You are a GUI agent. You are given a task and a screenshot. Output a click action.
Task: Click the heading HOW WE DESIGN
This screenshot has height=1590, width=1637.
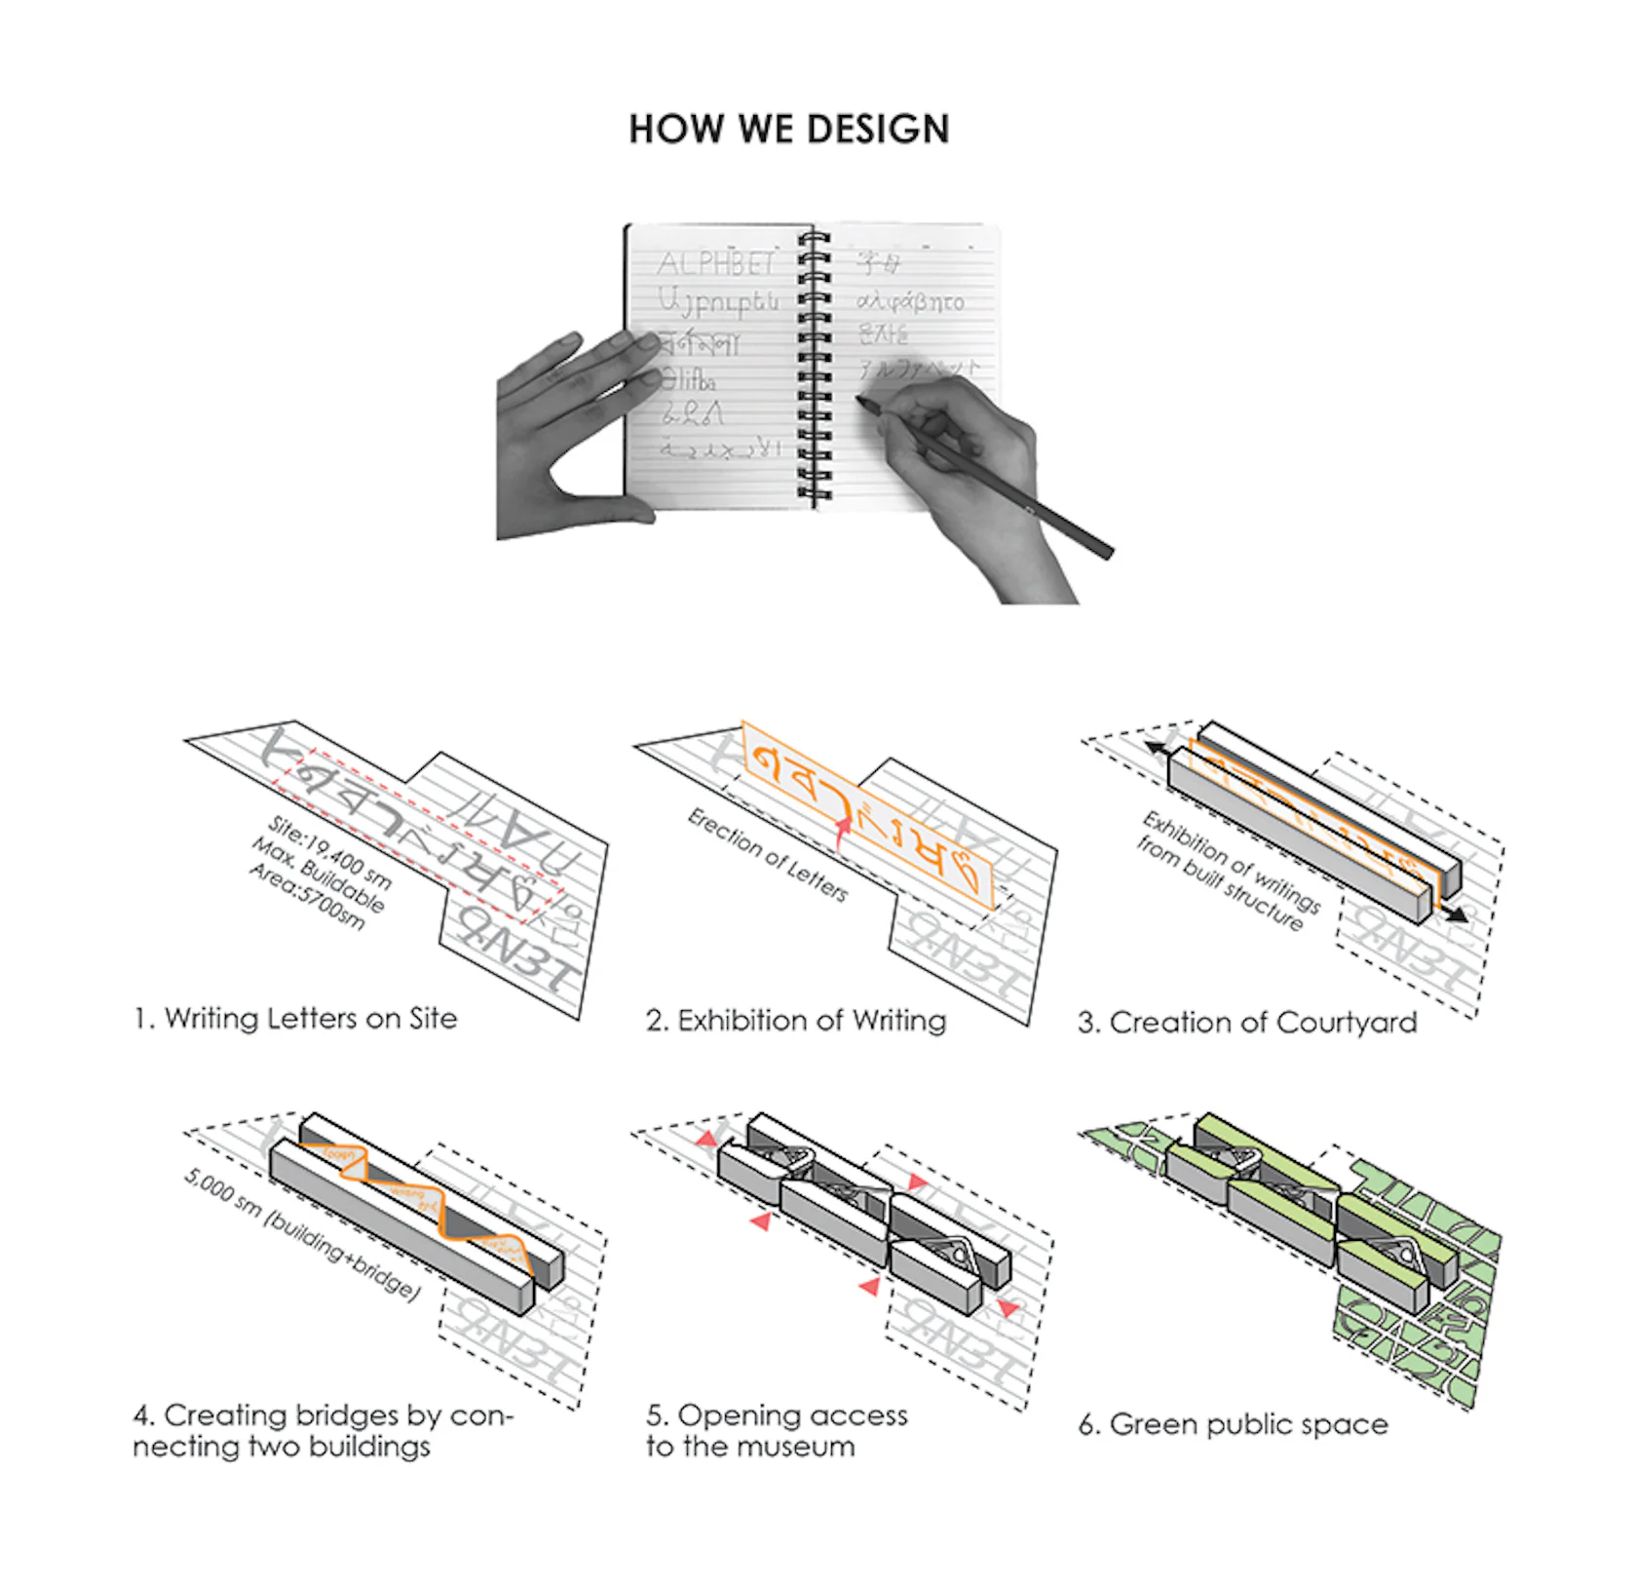(788, 130)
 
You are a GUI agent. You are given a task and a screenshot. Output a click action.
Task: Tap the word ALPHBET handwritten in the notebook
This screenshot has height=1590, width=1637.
(716, 263)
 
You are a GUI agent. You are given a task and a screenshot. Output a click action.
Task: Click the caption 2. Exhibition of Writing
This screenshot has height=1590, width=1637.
(795, 1021)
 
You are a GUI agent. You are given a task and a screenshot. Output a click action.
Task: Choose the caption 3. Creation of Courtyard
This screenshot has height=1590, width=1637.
(1246, 1023)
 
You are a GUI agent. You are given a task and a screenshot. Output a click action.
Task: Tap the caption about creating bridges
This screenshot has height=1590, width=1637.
(322, 1430)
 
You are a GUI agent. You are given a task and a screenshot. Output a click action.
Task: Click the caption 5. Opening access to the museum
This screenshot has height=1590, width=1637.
(776, 1430)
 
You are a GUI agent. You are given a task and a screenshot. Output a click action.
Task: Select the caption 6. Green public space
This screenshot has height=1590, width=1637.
(1233, 1424)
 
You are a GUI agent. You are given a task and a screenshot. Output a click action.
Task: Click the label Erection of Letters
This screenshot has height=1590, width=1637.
(768, 855)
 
